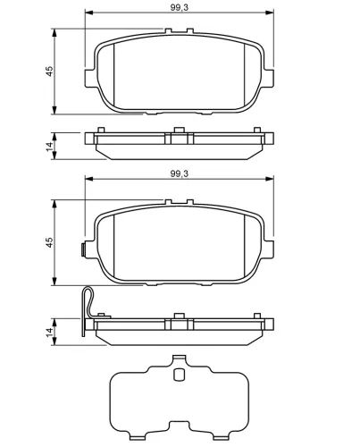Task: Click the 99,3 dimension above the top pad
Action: pos(180,7)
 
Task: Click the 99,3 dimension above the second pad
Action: pos(180,173)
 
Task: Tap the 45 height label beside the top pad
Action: pos(49,71)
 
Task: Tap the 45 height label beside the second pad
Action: pos(49,242)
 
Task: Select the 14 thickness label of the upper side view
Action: pos(49,147)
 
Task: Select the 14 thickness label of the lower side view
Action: pos(49,332)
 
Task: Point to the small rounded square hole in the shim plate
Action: pos(179,375)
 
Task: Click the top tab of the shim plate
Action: pos(179,358)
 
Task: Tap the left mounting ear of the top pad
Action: pos(90,79)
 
